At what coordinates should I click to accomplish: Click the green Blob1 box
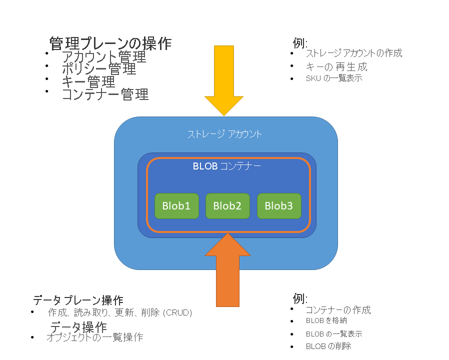click(176, 206)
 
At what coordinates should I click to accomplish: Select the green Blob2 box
click(227, 206)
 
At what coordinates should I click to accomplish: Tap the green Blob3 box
click(279, 206)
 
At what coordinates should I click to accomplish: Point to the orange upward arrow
click(228, 272)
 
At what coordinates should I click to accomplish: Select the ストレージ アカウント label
click(224, 134)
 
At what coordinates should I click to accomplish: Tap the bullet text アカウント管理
click(104, 56)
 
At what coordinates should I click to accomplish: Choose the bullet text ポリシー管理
click(99, 69)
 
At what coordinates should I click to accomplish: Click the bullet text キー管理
click(88, 81)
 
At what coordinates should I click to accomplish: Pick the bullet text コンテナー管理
click(105, 94)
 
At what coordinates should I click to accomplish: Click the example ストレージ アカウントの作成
click(354, 53)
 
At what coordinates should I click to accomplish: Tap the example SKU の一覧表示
click(333, 78)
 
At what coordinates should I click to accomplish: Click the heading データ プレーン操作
click(78, 300)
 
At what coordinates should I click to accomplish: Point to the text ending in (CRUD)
click(120, 312)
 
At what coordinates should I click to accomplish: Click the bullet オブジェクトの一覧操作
click(95, 337)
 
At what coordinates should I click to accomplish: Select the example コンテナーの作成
click(338, 310)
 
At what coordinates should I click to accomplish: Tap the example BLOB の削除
click(328, 346)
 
